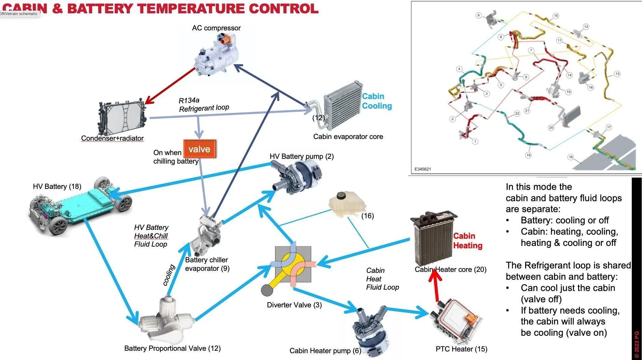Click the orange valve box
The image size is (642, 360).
[x=200, y=149]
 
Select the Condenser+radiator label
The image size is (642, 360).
[x=112, y=138]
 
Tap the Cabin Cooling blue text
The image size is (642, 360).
[x=377, y=101]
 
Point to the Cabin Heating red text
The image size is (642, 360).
[x=467, y=241]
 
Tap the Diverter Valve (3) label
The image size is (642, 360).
[x=294, y=305]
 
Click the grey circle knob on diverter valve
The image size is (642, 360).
[x=267, y=290]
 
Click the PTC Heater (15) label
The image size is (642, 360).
[x=461, y=349]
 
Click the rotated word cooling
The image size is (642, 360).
[x=169, y=275]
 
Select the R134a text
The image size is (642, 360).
[x=189, y=100]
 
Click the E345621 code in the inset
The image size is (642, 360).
[x=422, y=169]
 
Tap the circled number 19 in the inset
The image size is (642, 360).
[x=528, y=155]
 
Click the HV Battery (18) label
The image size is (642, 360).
[x=57, y=186]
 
